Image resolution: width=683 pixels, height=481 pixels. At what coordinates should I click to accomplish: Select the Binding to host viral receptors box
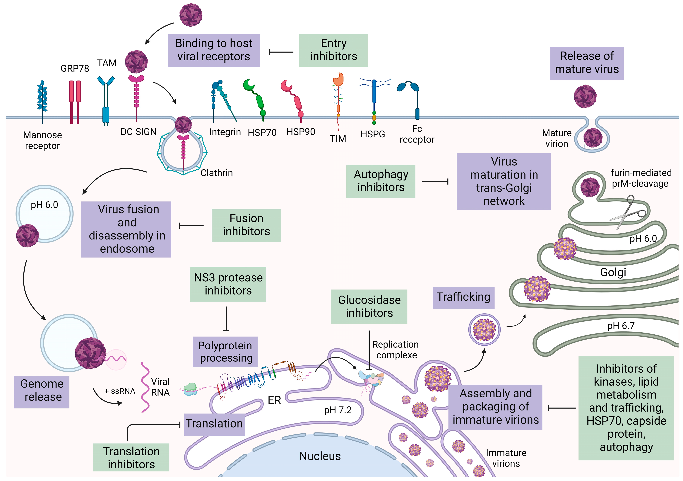[x=214, y=50]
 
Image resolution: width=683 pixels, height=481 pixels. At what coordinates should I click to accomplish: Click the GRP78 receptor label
[x=75, y=69]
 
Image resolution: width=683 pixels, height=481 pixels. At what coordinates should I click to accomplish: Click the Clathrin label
[x=217, y=172]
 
